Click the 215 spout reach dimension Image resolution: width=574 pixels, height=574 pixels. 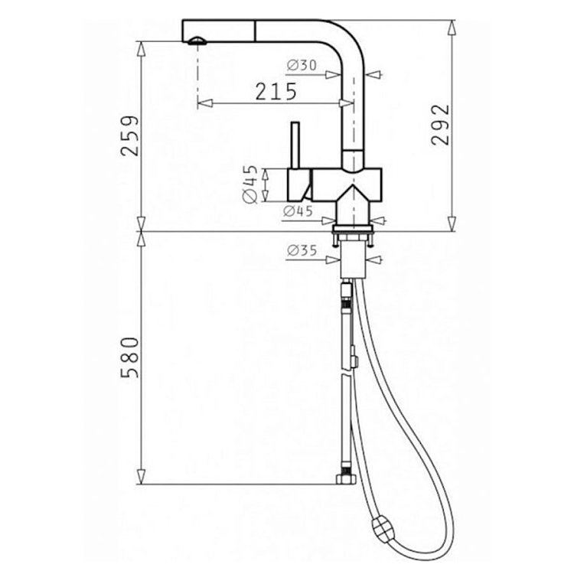pos(276,92)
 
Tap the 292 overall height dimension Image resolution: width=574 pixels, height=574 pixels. pos(439,126)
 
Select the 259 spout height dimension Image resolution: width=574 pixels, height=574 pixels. pos(129,135)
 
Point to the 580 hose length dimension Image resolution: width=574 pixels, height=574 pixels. pos(129,357)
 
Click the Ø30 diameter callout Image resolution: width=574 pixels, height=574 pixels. pos(302,65)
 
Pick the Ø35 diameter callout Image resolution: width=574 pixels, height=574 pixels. pos(302,250)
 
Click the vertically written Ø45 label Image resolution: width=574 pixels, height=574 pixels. pos(250,184)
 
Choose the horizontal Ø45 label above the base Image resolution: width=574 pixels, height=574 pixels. pos(298,211)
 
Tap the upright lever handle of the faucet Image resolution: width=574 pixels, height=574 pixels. pos(295,145)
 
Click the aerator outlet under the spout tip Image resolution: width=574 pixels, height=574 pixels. pos(197,41)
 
